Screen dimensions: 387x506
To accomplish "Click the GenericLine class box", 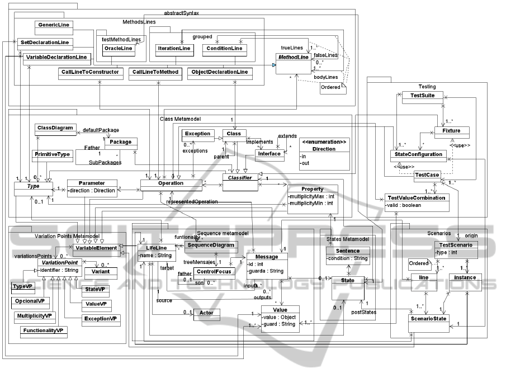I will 53,25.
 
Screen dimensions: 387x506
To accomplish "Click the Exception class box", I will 198,134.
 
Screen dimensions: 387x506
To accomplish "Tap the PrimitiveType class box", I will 53,154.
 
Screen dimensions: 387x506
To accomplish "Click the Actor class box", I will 206,314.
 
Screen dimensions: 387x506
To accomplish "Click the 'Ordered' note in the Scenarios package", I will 418,263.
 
